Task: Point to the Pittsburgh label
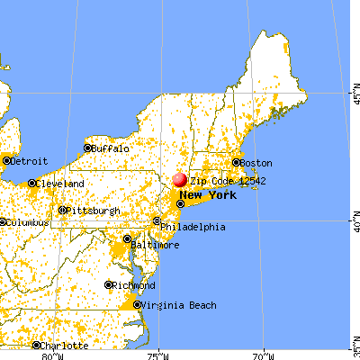pyautogui.click(x=90, y=211)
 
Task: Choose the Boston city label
pyautogui.click(x=257, y=163)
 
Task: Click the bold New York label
pyautogui.click(x=209, y=194)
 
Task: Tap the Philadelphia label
pyautogui.click(x=194, y=227)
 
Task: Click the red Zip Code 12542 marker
pyautogui.click(x=181, y=180)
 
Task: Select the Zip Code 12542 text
pyautogui.click(x=220, y=180)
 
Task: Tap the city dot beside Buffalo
pyautogui.click(x=88, y=148)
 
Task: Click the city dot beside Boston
pyautogui.click(x=237, y=163)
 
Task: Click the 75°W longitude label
pyautogui.click(x=160, y=352)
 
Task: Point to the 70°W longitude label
pyautogui.click(x=263, y=352)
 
